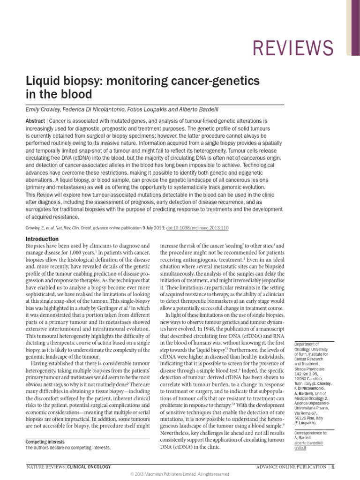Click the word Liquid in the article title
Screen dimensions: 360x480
click(41, 81)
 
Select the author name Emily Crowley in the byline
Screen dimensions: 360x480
click(44, 110)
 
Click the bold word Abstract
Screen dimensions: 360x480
click(35, 120)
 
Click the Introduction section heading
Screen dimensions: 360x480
click(42, 239)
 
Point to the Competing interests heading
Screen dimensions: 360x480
click(45, 442)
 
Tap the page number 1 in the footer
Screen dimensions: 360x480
click(333, 466)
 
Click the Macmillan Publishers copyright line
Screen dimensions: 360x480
click(180, 474)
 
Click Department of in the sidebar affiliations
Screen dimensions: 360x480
click(307, 344)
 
